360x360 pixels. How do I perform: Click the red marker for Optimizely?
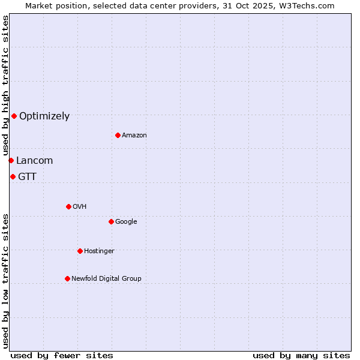pyautogui.click(x=14, y=116)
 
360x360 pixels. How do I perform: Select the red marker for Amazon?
pyautogui.click(x=118, y=135)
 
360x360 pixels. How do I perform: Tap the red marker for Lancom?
pyautogui.click(x=11, y=160)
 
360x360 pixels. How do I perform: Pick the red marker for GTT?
pyautogui.click(x=13, y=176)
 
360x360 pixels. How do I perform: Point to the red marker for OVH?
pyautogui.click(x=68, y=206)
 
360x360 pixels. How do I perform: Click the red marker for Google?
pyautogui.click(x=111, y=221)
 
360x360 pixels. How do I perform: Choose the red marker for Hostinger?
pyautogui.click(x=80, y=251)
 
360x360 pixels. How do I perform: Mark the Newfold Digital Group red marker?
pyautogui.click(x=67, y=278)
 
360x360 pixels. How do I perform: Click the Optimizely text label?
pyautogui.click(x=44, y=116)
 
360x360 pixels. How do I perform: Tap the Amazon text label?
pyautogui.click(x=134, y=136)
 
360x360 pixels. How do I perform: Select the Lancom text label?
pyautogui.click(x=34, y=161)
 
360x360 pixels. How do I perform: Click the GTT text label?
pyautogui.click(x=27, y=177)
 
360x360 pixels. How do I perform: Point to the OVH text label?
pyautogui.click(x=80, y=207)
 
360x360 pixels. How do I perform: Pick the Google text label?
pyautogui.click(x=126, y=222)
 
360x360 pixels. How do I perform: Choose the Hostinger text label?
pyautogui.click(x=99, y=251)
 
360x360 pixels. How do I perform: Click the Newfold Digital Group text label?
pyautogui.click(x=106, y=279)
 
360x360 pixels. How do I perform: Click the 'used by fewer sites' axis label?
pyautogui.click(x=62, y=355)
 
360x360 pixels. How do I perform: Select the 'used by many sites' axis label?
pyautogui.click(x=301, y=355)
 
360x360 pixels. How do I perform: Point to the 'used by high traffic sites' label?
pyautogui.click(x=5, y=85)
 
